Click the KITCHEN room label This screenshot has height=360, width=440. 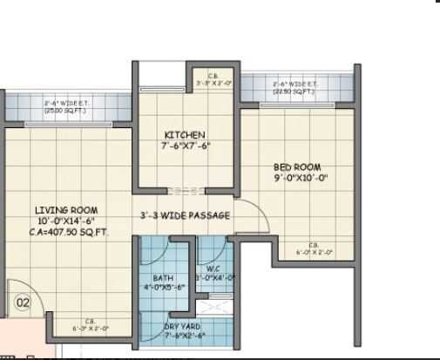tap(185, 135)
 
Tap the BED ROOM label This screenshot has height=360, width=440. tap(297, 167)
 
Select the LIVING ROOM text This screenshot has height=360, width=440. tap(66, 210)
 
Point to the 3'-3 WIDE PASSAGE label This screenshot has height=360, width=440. tap(185, 215)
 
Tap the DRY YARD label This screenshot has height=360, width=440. tap(183, 327)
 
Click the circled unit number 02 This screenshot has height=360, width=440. tap(24, 303)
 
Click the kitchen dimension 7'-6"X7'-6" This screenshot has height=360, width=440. tap(186, 146)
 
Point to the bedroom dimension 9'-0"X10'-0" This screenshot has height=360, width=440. tap(298, 178)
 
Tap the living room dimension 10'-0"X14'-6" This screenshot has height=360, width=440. tap(66, 221)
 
